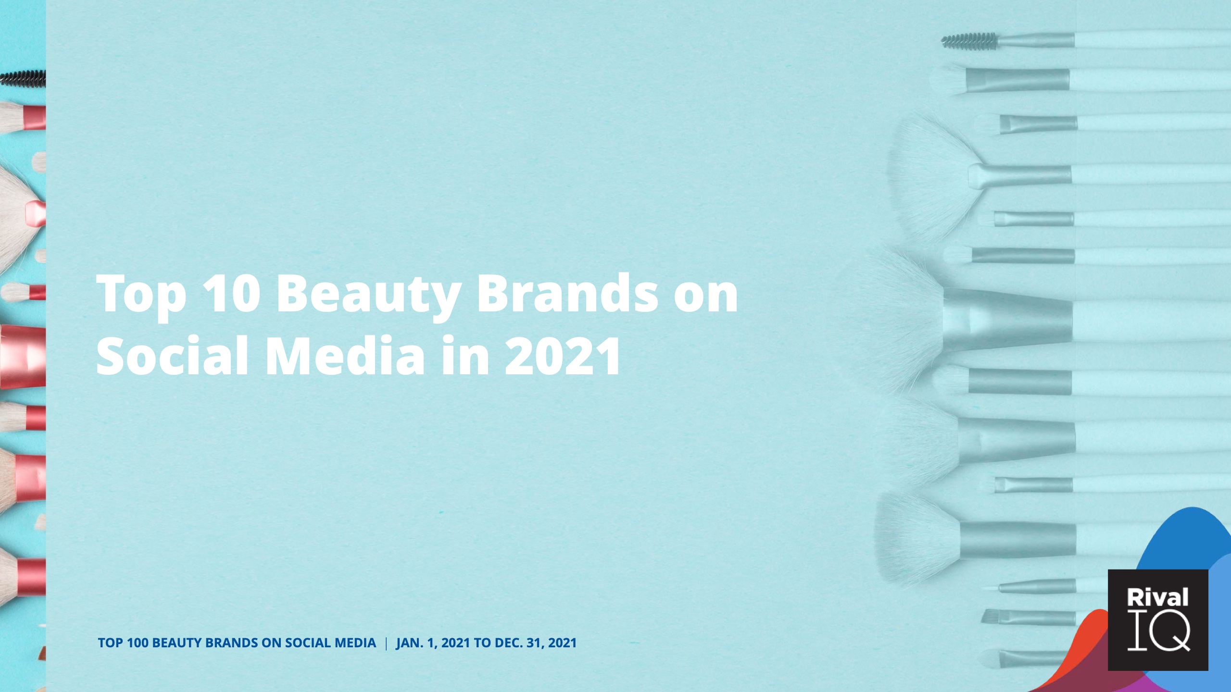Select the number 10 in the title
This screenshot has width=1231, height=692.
click(232, 293)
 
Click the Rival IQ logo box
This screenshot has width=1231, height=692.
click(1158, 620)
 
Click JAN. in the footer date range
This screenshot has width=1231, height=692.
click(410, 643)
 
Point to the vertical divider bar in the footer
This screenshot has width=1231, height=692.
click(386, 643)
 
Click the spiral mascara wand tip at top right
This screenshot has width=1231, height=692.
click(969, 41)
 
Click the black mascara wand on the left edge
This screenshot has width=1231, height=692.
click(23, 78)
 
